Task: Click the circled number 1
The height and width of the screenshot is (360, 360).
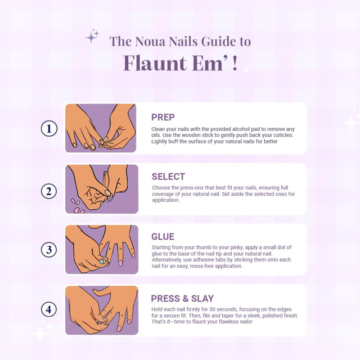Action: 49,128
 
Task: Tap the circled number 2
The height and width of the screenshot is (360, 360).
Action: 49,191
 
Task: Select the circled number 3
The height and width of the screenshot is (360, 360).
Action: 49,250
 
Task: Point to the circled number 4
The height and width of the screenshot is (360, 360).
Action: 49,309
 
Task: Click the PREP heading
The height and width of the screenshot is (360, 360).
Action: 163,117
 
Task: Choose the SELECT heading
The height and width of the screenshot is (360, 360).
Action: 168,176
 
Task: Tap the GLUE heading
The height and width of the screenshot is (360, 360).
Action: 163,237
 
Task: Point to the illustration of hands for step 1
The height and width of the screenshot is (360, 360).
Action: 100,128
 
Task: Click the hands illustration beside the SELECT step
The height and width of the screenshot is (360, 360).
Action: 102,189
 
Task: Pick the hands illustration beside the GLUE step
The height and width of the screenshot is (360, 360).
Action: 102,249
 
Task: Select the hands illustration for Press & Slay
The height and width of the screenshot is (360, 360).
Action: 102,310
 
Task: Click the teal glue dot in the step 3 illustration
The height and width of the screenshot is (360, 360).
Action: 102,261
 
